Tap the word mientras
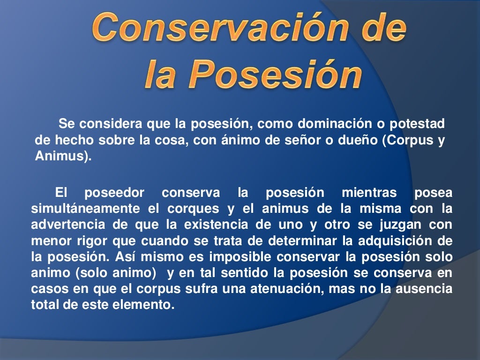click(369, 192)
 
